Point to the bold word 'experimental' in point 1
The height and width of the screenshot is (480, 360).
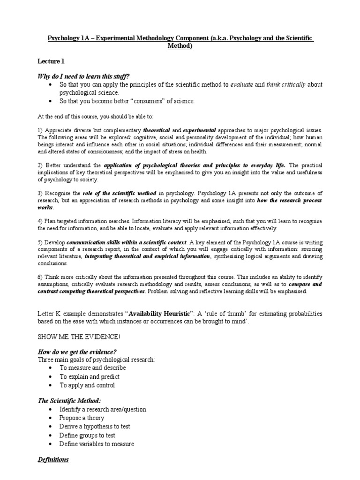coord(200,129)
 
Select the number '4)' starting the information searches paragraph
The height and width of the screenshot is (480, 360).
coord(40,220)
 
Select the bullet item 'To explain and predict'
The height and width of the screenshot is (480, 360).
coord(89,376)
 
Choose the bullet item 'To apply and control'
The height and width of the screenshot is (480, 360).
coord(87,385)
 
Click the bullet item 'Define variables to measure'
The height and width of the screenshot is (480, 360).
coord(97,443)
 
